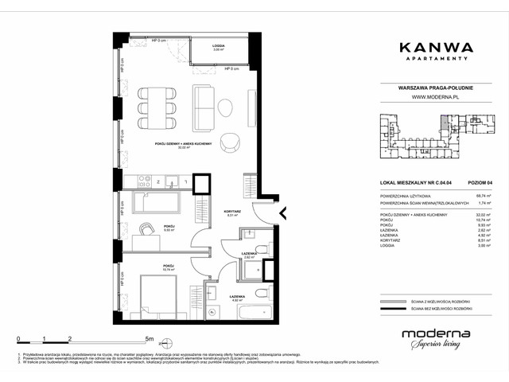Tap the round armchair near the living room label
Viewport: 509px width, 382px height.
tap(231, 140)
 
